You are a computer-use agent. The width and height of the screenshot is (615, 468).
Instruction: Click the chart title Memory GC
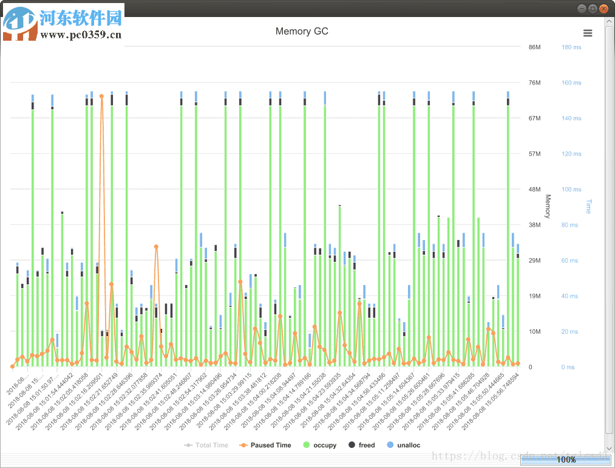pos(302,32)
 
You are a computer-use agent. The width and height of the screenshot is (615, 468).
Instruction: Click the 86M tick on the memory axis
pos(534,47)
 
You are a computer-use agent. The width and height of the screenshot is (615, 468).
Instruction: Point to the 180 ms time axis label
pos(571,47)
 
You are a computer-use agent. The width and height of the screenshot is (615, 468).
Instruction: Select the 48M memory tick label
pos(534,190)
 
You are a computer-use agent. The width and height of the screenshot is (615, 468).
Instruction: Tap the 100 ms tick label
pos(571,190)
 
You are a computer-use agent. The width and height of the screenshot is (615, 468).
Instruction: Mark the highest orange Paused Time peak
pos(101,96)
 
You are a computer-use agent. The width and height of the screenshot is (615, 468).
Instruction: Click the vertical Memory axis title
pos(547,207)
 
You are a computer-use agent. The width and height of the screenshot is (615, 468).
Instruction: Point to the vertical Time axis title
pos(588,207)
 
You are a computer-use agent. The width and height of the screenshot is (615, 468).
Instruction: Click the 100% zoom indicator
pos(566,460)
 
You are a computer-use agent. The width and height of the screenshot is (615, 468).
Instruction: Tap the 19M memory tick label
pos(534,296)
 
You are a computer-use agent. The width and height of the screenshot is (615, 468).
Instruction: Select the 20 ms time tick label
pos(569,332)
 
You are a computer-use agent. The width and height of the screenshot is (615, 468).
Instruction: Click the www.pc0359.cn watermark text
pos(81,35)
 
